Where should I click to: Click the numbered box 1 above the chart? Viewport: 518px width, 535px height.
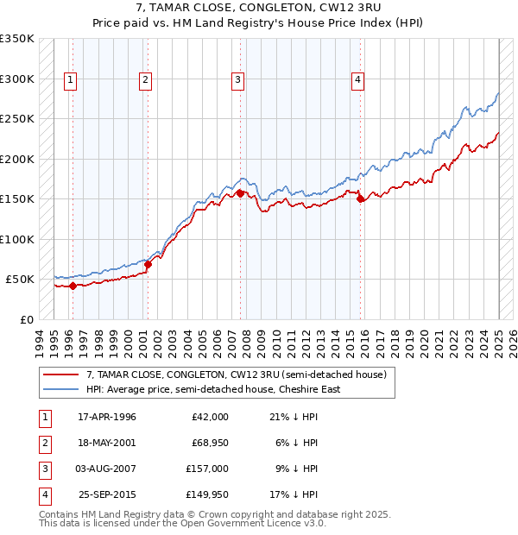pos(69,80)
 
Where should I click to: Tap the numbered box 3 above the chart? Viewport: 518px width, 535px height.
pos(237,80)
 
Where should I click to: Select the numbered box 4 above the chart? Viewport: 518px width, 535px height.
pos(357,80)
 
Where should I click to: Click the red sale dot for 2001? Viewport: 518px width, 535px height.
pos(148,264)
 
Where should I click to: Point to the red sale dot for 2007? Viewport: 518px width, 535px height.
pos(240,193)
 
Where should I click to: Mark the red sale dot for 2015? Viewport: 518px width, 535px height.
pos(360,198)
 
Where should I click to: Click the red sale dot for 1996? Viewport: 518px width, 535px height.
pos(73,286)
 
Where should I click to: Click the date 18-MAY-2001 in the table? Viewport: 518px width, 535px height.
pos(107,443)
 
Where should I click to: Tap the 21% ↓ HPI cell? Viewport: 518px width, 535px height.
pos(297,417)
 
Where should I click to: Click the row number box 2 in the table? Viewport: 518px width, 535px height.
pos(43,443)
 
